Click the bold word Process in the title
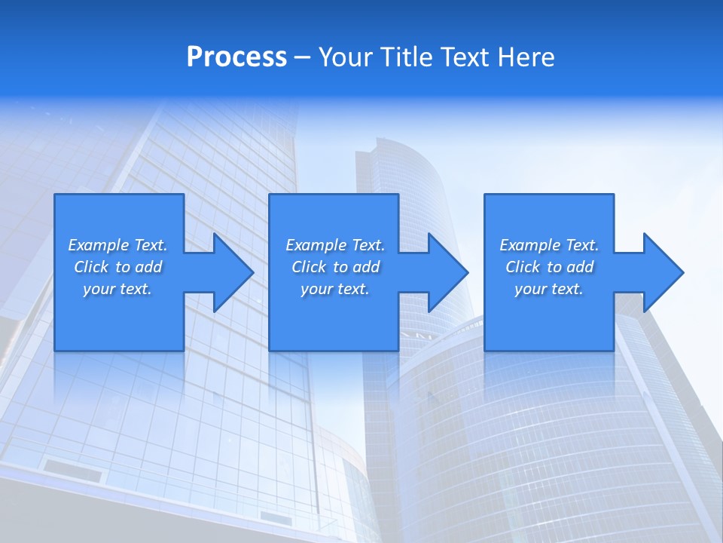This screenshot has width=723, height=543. tap(236, 57)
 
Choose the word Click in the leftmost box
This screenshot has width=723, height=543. tap(91, 267)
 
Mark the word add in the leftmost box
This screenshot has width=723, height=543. tap(148, 267)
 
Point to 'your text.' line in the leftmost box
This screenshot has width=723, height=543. tap(117, 289)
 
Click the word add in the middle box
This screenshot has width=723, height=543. tap(366, 267)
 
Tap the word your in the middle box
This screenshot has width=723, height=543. tap(316, 289)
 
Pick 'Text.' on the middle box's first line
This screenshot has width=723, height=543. tap(368, 245)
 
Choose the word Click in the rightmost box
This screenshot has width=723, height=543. tap(523, 267)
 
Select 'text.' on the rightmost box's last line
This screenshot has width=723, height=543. tap(566, 289)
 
